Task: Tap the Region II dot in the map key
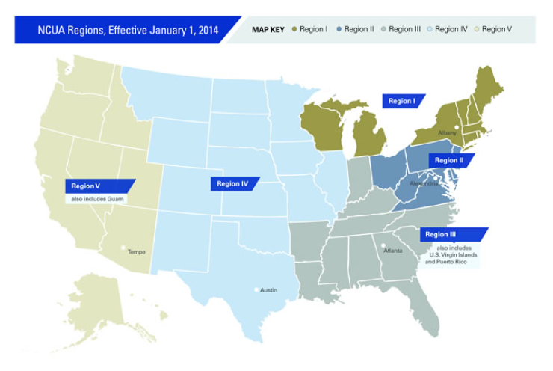(339, 29)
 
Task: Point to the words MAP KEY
(268, 29)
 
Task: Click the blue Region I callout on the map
(402, 101)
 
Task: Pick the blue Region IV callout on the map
(233, 183)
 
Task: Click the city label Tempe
(136, 252)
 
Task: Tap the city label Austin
(270, 289)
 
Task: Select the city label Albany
(447, 133)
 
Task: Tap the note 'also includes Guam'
(97, 199)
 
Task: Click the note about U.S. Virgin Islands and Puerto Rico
(452, 254)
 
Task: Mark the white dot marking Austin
(256, 289)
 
